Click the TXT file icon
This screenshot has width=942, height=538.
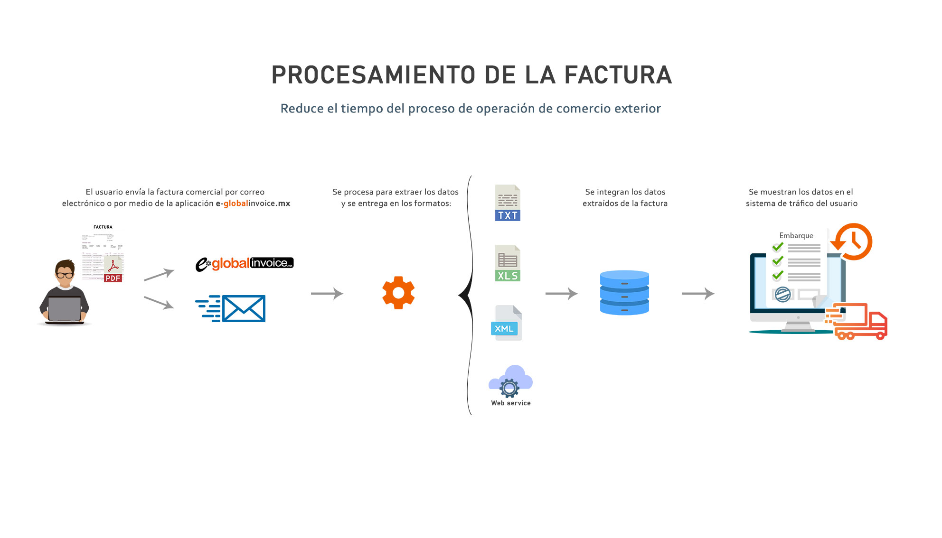pyautogui.click(x=508, y=203)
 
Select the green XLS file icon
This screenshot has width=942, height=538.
pyautogui.click(x=508, y=263)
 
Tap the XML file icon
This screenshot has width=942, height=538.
pyautogui.click(x=507, y=323)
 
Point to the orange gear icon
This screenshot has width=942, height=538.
pyautogui.click(x=398, y=293)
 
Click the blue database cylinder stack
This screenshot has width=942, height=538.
pyautogui.click(x=624, y=293)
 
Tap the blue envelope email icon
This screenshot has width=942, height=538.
pyautogui.click(x=243, y=308)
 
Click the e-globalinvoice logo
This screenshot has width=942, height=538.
pyautogui.click(x=245, y=263)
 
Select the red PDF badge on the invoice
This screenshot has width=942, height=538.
pyautogui.click(x=113, y=278)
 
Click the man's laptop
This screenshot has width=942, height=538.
pyautogui.click(x=65, y=309)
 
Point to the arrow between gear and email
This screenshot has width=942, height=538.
pyautogui.click(x=327, y=294)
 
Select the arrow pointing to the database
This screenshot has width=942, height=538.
pyautogui.click(x=561, y=294)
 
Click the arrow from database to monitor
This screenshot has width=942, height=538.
pyautogui.click(x=698, y=294)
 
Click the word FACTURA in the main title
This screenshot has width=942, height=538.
pyautogui.click(x=618, y=75)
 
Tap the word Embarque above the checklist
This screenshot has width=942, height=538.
pyautogui.click(x=796, y=235)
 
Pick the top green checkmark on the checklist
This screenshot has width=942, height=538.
pyautogui.click(x=778, y=247)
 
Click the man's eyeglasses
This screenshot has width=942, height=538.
pyautogui.click(x=65, y=275)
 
